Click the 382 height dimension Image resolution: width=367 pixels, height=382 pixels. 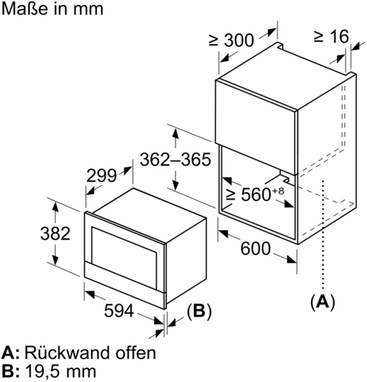(x=55, y=234)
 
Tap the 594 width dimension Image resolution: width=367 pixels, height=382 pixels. (x=119, y=310)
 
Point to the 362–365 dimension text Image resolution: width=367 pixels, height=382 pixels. (x=175, y=160)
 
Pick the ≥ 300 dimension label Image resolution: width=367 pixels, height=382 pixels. (x=231, y=40)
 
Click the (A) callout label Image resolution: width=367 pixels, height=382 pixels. (x=323, y=302)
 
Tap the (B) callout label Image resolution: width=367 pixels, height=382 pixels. (x=199, y=311)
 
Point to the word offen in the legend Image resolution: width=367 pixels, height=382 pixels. (x=136, y=353)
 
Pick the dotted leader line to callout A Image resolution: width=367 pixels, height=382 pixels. (x=323, y=235)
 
